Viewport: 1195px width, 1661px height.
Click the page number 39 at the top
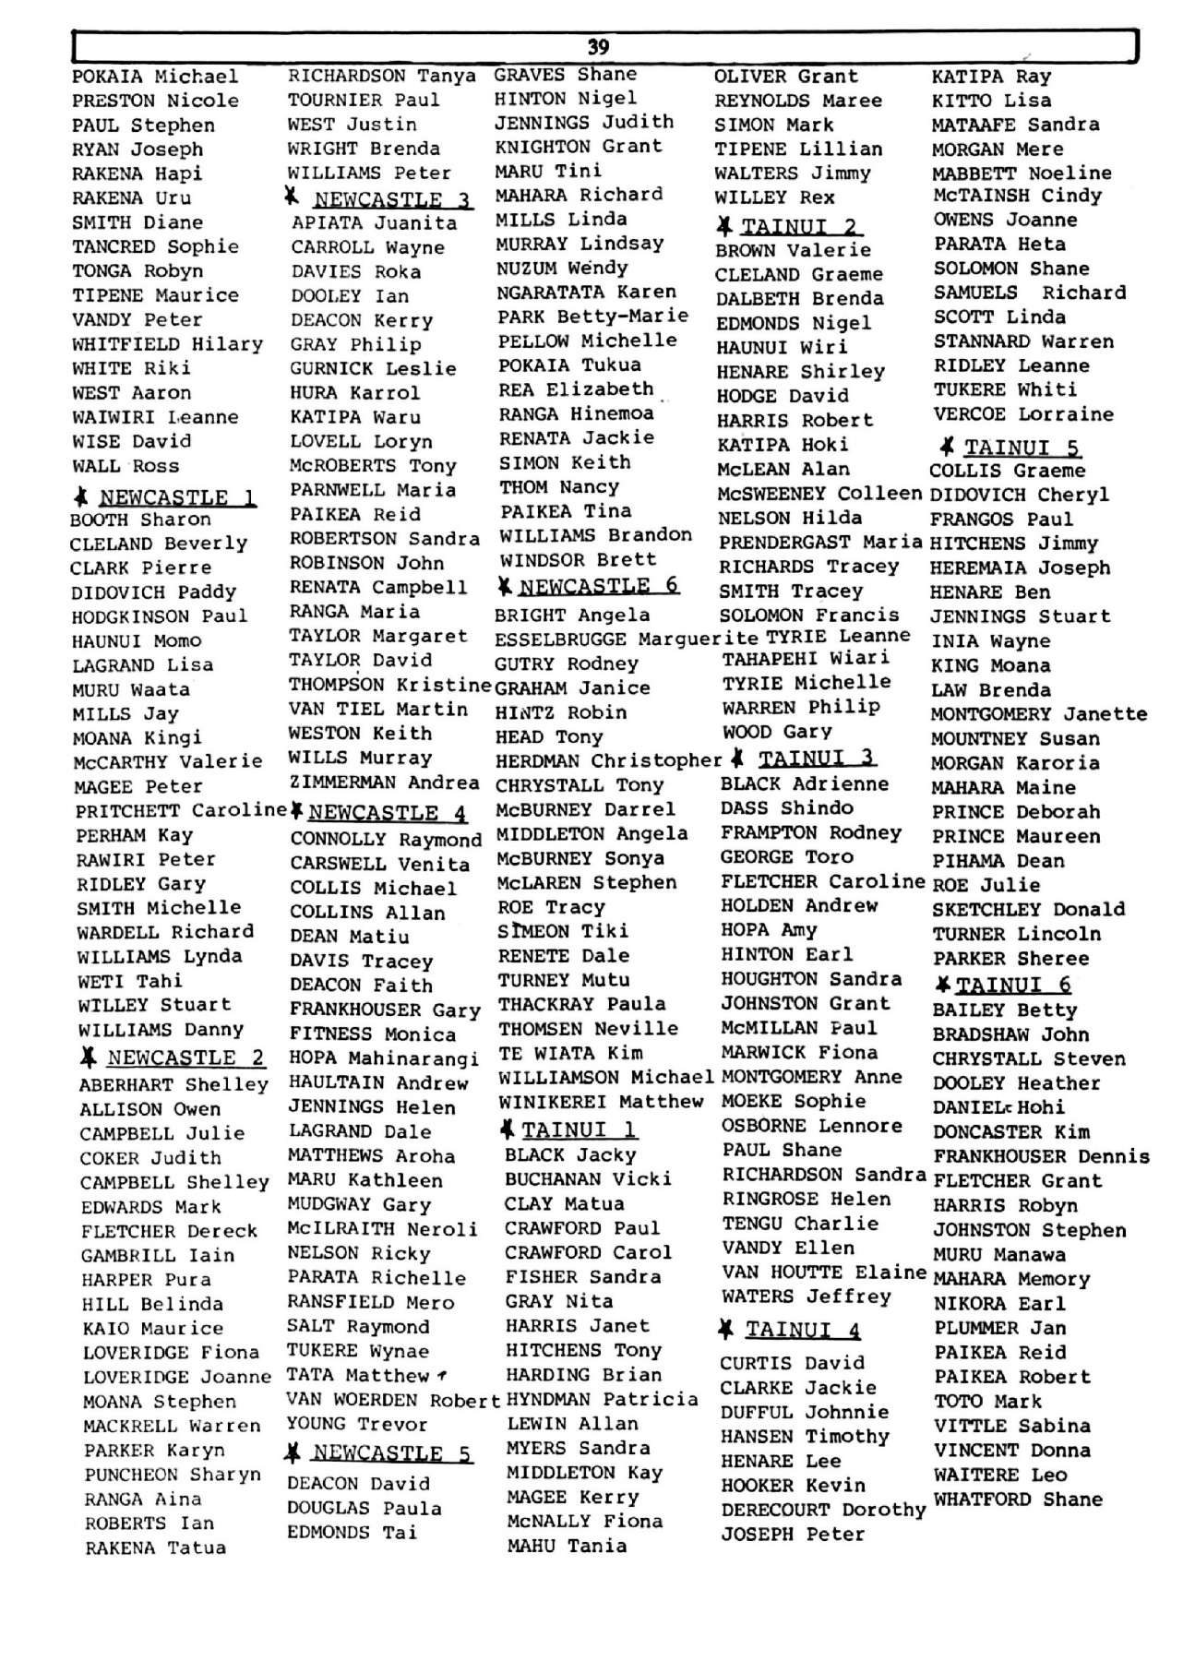click(598, 47)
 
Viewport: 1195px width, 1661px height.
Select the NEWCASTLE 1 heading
click(177, 498)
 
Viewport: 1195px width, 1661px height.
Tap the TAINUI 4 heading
click(803, 1330)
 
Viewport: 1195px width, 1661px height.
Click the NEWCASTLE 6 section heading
click(598, 586)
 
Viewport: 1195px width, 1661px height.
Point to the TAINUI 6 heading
click(1013, 985)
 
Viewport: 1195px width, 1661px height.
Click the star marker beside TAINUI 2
click(725, 225)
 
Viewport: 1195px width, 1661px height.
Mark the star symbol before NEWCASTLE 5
click(293, 1453)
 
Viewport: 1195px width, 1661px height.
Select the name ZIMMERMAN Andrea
click(384, 783)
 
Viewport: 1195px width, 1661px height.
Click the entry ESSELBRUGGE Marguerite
click(626, 639)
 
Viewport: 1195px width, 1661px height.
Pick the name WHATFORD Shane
click(1018, 1500)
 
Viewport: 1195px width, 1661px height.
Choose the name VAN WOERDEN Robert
click(393, 1400)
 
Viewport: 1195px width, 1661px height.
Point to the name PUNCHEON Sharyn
click(173, 1475)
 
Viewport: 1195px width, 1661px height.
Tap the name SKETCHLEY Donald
click(1028, 909)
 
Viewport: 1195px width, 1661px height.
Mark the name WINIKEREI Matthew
click(601, 1102)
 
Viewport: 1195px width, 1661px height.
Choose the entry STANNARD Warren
click(1023, 341)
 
